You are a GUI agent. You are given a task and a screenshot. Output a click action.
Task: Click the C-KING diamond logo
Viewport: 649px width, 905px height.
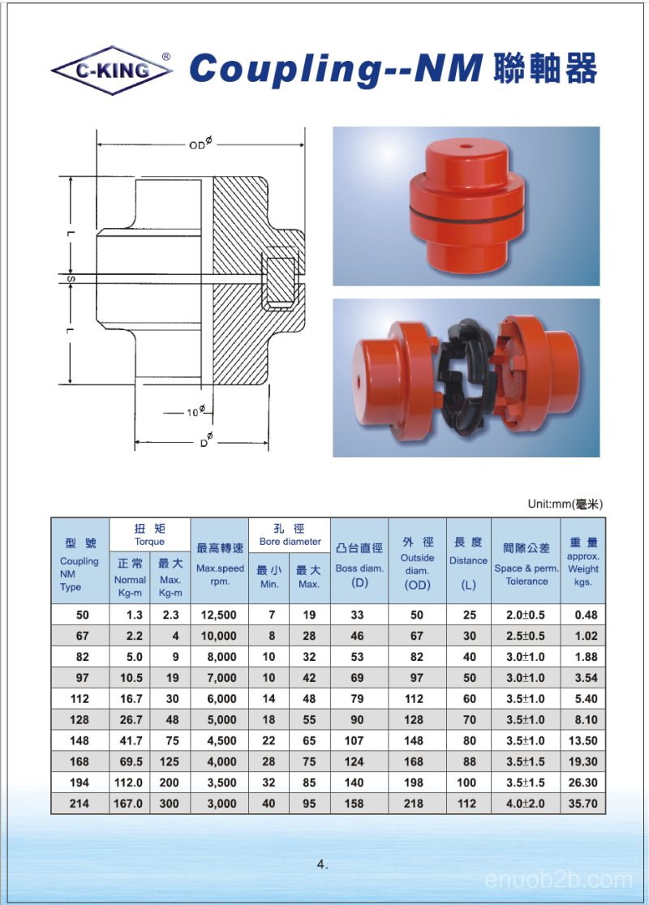112,71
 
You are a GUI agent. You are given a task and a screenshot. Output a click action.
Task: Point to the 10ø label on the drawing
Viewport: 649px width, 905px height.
196,411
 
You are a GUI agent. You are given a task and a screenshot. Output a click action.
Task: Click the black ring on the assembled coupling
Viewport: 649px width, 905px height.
468,213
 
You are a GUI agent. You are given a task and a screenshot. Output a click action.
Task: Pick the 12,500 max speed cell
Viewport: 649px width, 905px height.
219,615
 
